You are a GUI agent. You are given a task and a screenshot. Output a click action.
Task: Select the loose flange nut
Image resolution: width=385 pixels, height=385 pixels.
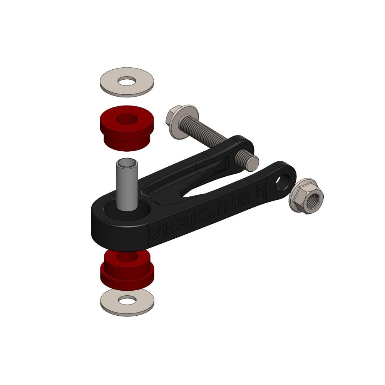pos(307,196)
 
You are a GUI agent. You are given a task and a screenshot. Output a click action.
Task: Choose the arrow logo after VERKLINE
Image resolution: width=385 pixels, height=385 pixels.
pos(263,191)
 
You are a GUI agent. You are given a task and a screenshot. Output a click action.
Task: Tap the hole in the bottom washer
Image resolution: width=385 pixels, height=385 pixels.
pos(127,299)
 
